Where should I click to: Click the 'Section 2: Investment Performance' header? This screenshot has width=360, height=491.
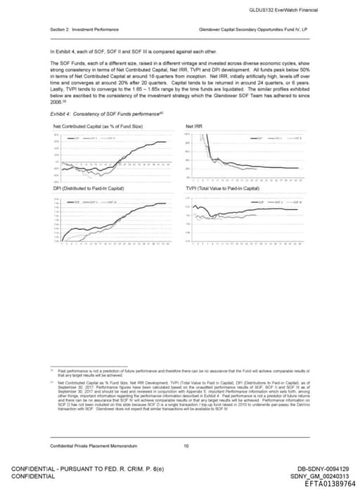coord(84,30)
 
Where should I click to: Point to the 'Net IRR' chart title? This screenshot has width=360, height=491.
coord(193,126)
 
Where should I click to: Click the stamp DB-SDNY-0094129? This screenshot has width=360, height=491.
coord(323,469)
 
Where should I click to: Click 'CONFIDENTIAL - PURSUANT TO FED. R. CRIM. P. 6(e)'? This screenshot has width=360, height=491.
coord(85,469)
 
